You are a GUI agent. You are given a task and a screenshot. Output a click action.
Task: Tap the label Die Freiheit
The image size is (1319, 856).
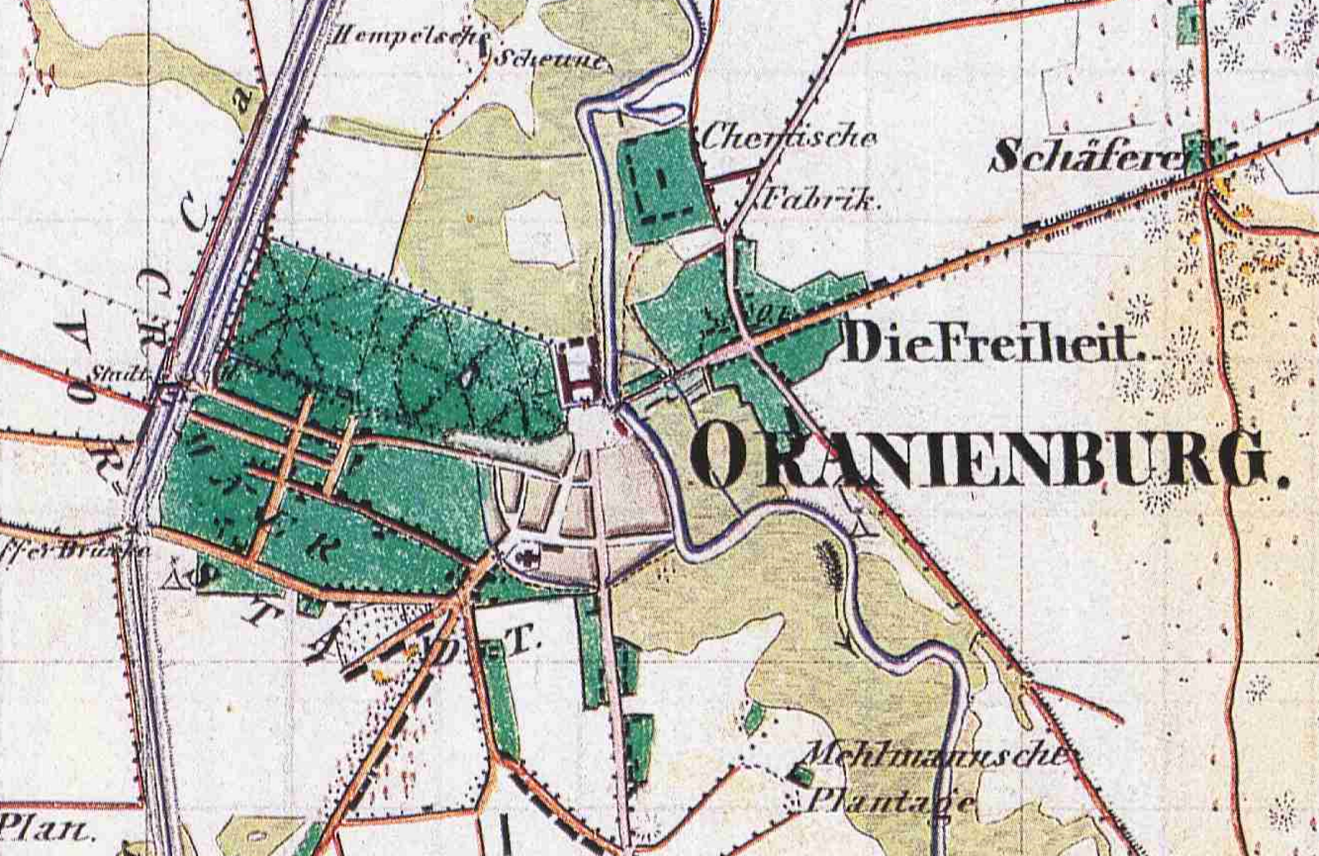point(989,343)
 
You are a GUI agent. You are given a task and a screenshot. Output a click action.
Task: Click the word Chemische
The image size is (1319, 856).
point(787,137)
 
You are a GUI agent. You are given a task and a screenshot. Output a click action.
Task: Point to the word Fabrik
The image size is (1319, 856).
point(816,199)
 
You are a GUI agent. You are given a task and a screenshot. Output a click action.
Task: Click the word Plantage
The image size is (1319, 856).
point(890,800)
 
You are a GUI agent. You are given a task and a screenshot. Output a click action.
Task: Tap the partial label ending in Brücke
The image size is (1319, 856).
point(74,550)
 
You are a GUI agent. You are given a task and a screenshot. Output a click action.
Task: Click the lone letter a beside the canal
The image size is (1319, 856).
point(242,101)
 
